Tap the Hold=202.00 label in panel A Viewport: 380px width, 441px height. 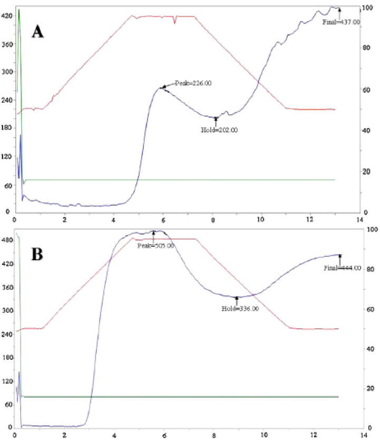[x=220, y=129]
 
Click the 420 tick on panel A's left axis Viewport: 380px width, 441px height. [x=7, y=16]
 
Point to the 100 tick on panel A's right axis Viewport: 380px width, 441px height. [x=370, y=7]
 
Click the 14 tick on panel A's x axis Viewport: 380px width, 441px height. [x=360, y=219]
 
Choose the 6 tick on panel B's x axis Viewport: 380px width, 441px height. [x=164, y=436]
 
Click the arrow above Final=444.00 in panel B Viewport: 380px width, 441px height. [x=340, y=258]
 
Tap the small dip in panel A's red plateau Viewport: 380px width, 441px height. [x=174, y=21]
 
